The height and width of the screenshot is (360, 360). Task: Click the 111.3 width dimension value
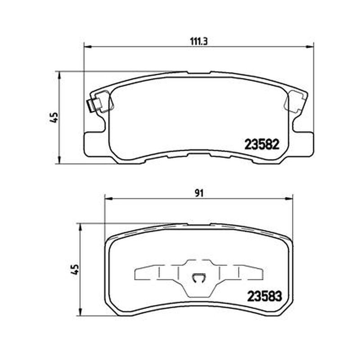click(x=199, y=41)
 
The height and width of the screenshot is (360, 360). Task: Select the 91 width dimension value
click(x=199, y=193)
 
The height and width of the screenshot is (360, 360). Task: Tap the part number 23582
click(x=262, y=144)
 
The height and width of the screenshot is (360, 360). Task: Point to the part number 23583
click(x=264, y=296)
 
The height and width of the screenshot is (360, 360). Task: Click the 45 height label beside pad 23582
click(x=54, y=117)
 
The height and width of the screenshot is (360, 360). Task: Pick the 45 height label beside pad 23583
click(x=75, y=270)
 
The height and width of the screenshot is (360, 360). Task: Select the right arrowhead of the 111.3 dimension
click(x=310, y=47)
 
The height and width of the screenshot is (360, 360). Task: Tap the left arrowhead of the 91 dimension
click(x=108, y=199)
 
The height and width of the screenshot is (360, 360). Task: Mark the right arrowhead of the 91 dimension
click(x=289, y=199)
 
